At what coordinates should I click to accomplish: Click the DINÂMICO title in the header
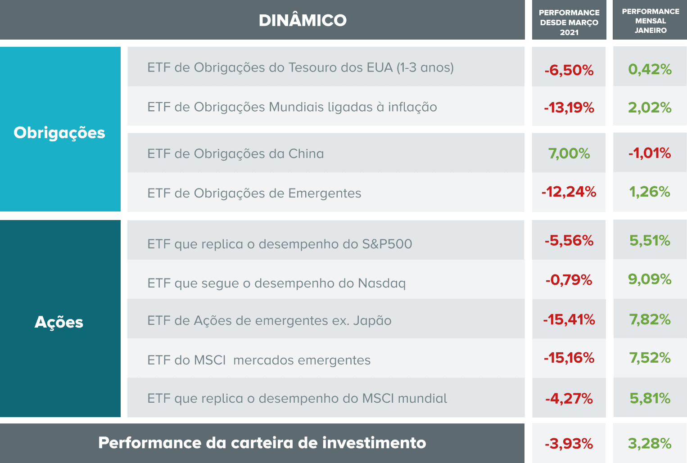tap(303, 20)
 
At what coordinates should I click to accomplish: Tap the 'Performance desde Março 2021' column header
tap(569, 22)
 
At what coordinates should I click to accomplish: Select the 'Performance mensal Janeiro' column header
tap(650, 21)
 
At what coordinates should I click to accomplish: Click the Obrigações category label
tap(59, 133)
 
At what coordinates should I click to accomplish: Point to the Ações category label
tap(59, 322)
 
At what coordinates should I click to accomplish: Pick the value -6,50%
tap(569, 70)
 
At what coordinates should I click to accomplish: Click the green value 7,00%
tap(569, 153)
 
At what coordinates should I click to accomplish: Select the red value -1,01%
tap(650, 153)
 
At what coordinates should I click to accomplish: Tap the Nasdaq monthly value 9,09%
tap(650, 279)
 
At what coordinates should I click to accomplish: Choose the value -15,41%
tap(569, 319)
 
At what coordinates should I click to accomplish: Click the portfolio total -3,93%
tap(569, 444)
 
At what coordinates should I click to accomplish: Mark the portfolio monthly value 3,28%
tap(650, 443)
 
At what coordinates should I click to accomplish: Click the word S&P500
tap(387, 244)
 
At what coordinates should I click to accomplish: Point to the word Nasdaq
tap(382, 283)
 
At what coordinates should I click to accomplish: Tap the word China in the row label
tap(306, 154)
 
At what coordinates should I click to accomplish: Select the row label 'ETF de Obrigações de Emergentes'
tap(254, 193)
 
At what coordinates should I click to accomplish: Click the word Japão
tap(372, 321)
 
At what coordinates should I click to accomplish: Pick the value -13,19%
tap(569, 108)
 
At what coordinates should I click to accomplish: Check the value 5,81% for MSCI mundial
tap(650, 398)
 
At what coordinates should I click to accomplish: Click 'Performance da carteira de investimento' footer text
tap(262, 443)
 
